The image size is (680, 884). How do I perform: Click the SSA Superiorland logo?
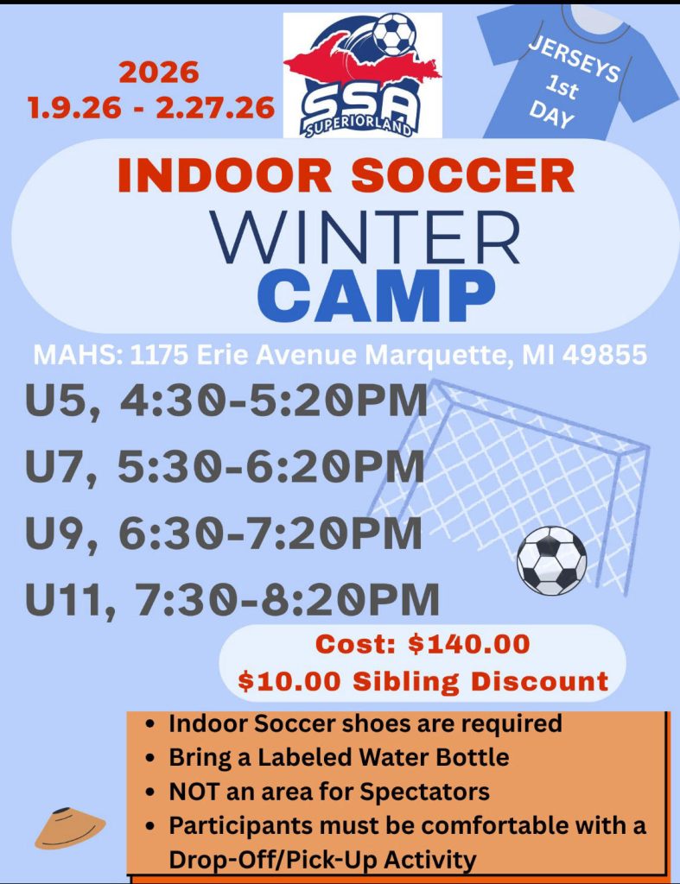coord(362,75)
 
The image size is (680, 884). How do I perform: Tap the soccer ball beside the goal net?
coord(551,561)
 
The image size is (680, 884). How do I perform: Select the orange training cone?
coord(69,828)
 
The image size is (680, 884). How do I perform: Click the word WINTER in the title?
coord(365,237)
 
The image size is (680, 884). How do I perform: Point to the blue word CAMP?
coord(377,295)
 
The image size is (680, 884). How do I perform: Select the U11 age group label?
coord(65,600)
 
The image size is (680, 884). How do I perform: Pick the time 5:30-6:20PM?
coord(270,466)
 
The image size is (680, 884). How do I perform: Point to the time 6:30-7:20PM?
coord(270,533)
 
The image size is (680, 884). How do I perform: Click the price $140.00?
coord(469,644)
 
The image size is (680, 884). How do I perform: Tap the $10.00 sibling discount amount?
coord(289,680)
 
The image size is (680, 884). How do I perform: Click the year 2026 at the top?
coord(159,73)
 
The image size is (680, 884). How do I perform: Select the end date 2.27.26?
coord(215,108)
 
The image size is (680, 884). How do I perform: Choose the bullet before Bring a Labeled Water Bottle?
coord(149,759)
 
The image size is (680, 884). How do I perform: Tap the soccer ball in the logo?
coord(395,34)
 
